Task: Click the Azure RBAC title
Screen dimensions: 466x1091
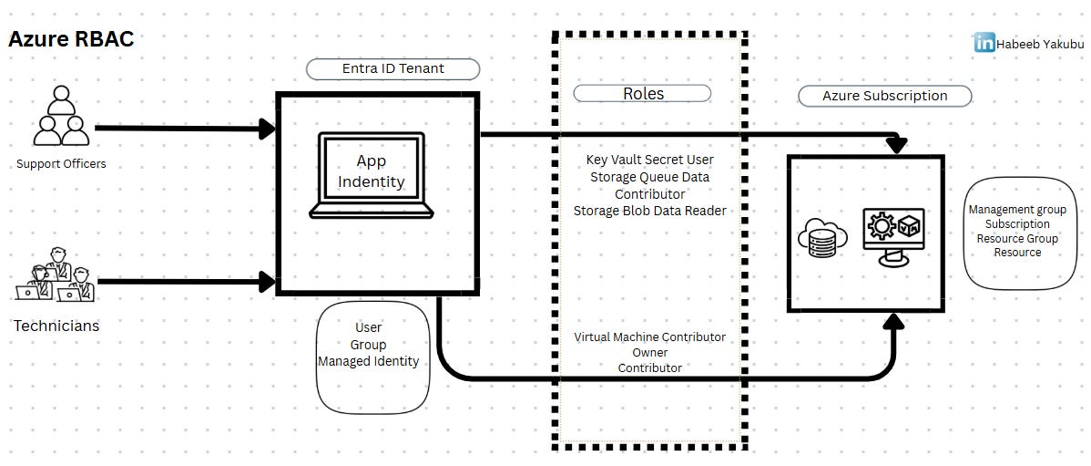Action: pos(71,39)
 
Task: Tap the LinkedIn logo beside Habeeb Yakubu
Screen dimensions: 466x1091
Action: pos(984,42)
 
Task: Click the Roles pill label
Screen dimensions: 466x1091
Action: pos(643,94)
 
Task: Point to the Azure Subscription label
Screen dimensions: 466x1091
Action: pos(884,96)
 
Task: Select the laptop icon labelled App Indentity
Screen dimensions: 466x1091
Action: pos(371,175)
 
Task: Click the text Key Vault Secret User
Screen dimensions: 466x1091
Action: pos(649,161)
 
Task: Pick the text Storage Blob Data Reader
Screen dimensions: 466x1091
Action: pos(649,211)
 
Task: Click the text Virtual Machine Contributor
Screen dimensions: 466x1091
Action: pos(649,337)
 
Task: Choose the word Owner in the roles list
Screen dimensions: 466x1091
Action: pos(649,353)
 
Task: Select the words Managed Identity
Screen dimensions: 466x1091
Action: pos(368,362)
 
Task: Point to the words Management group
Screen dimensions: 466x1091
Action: pos(1017,210)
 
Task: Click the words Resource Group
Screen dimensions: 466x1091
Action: pos(1017,239)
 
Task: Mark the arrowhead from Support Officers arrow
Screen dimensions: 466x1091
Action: pos(268,129)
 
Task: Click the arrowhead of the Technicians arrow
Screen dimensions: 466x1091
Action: pos(268,282)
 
